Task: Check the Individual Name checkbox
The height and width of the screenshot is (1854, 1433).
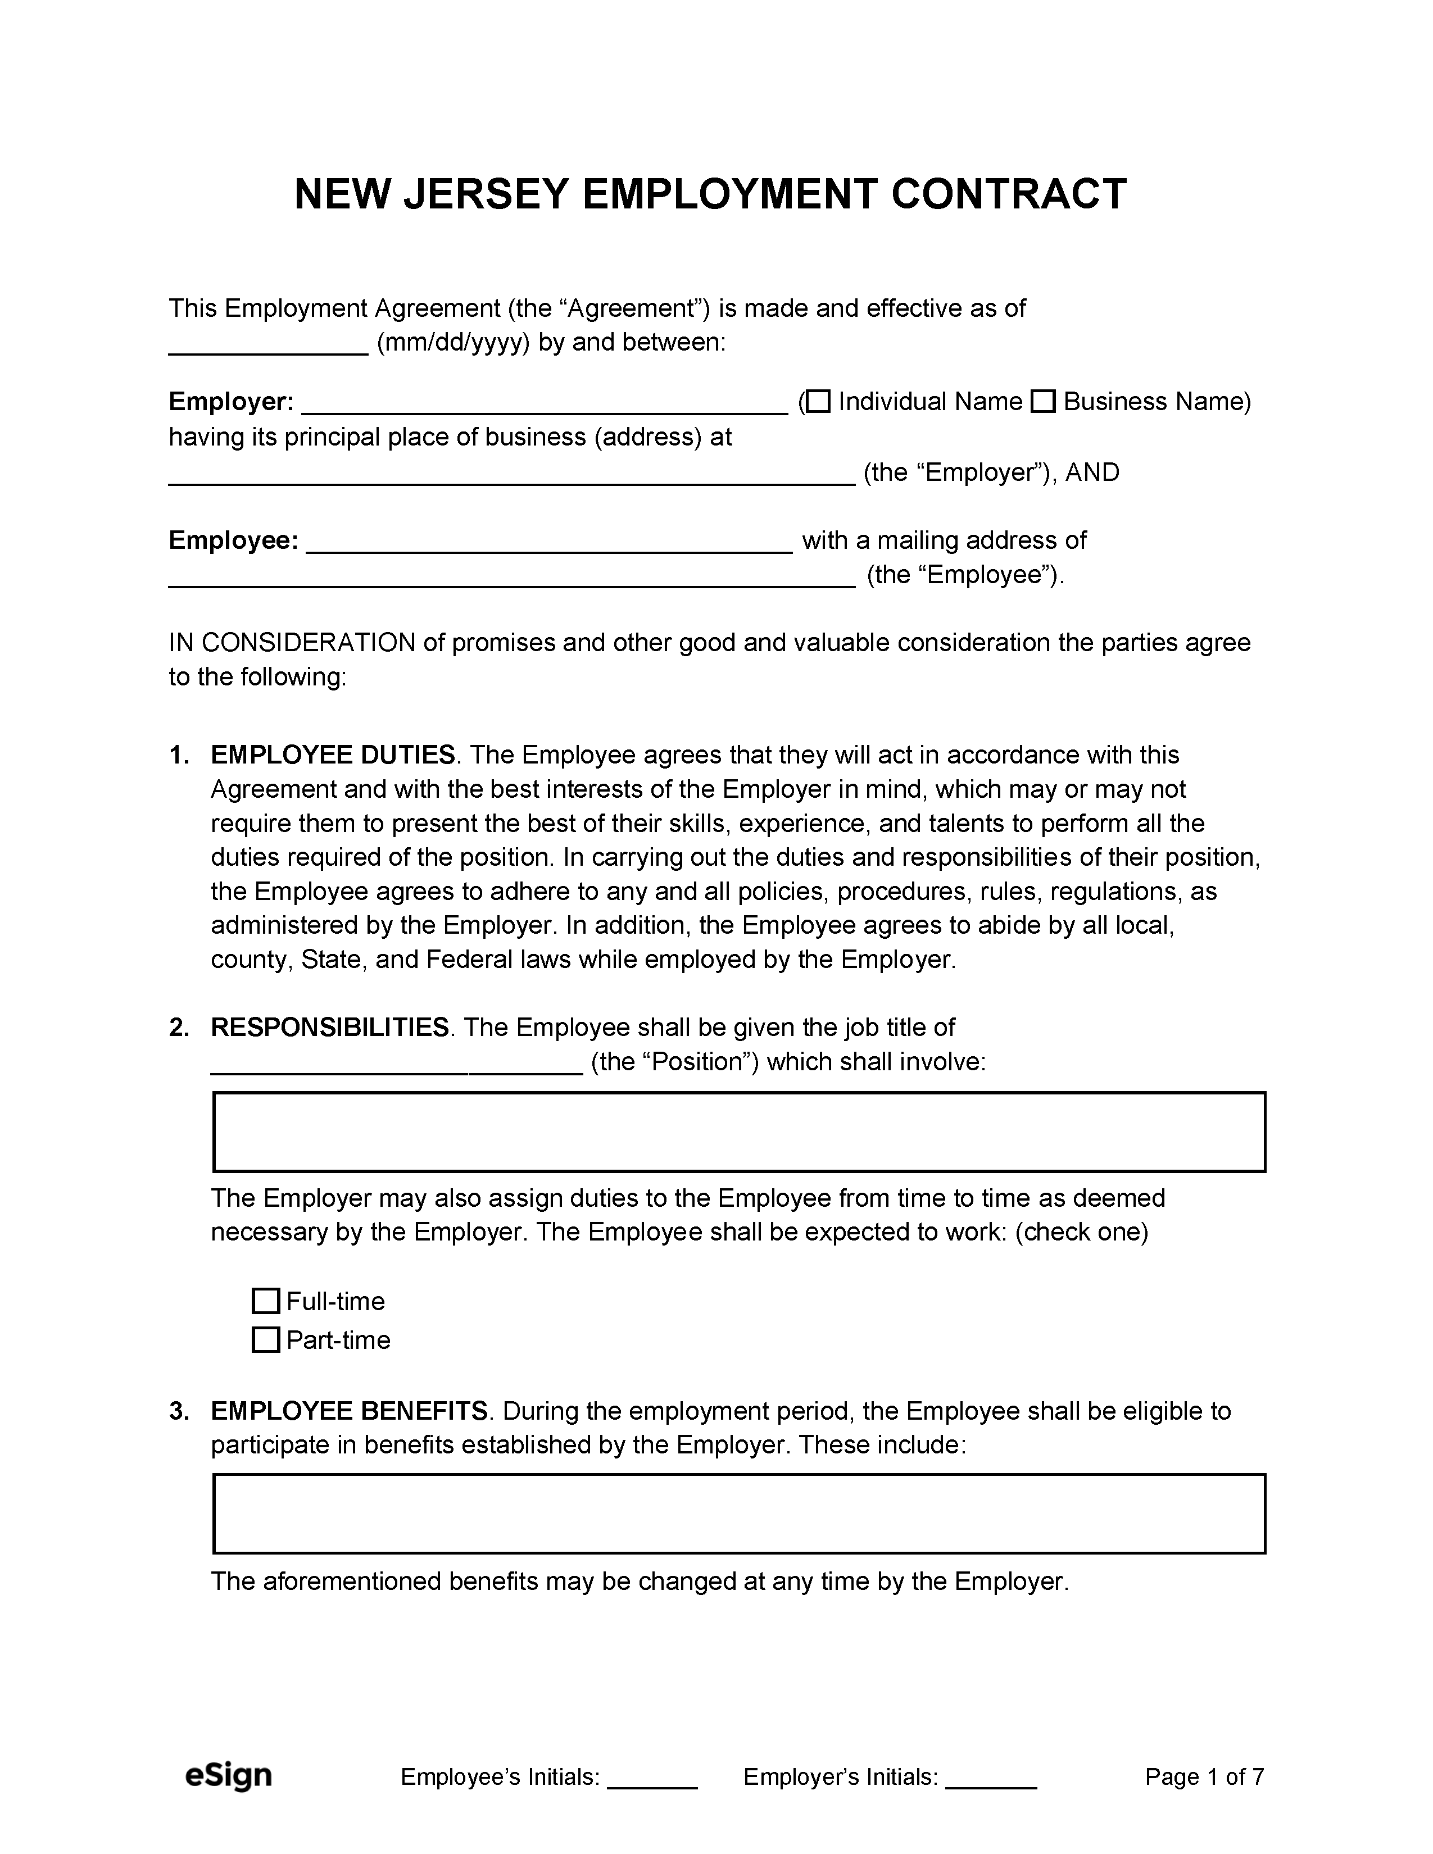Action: point(818,402)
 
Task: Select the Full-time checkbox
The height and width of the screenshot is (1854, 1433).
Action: point(266,1301)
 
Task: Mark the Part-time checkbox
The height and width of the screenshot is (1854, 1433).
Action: point(266,1339)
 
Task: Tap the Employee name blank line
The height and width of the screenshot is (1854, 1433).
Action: point(548,543)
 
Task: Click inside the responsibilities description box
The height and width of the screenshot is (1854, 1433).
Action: point(738,1132)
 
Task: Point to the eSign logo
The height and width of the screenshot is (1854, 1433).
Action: point(228,1775)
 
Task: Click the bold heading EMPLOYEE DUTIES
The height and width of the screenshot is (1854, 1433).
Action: point(333,755)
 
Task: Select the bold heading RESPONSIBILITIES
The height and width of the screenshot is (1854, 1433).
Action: point(329,1027)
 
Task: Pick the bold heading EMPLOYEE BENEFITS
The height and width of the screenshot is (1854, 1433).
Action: point(349,1411)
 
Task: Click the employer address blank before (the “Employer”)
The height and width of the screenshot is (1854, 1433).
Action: point(511,475)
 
